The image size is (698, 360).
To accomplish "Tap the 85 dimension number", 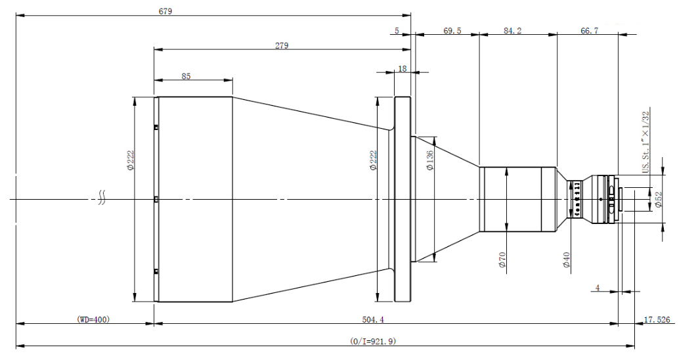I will point(186,77).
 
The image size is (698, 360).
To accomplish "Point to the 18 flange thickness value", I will point(402,68).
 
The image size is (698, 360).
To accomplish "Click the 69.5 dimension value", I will point(452,31).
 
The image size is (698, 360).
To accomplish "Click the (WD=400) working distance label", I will point(93,320).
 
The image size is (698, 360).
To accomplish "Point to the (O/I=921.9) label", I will point(373,342).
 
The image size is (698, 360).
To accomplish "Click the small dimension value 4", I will point(597,287).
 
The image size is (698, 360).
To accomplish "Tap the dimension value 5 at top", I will point(397,31).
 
